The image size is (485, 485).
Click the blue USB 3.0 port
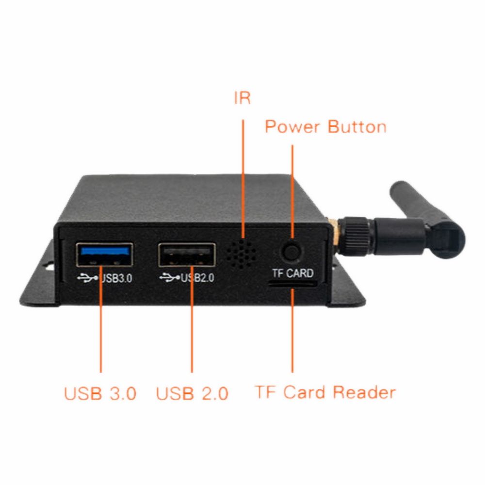[x=105, y=255]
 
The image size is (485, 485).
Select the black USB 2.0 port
[x=187, y=255]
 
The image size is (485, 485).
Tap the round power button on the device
[x=291, y=251]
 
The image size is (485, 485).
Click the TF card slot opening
[x=292, y=283]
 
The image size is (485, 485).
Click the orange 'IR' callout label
[x=242, y=98]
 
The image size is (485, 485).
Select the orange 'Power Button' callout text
[x=326, y=127]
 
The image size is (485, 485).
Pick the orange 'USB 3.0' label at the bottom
[x=100, y=393]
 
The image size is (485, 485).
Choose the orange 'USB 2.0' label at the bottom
[x=192, y=393]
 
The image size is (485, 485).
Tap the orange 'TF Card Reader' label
[x=325, y=392]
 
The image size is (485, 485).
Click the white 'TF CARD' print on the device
[x=292, y=273]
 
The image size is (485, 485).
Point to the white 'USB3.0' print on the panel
[x=116, y=278]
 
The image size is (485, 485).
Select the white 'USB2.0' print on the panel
[x=198, y=278]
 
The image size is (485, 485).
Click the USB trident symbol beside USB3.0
[x=87, y=278]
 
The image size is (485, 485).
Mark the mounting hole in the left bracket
[x=49, y=266]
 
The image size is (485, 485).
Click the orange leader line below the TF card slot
[x=292, y=330]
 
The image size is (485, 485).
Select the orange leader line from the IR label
[x=243, y=179]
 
